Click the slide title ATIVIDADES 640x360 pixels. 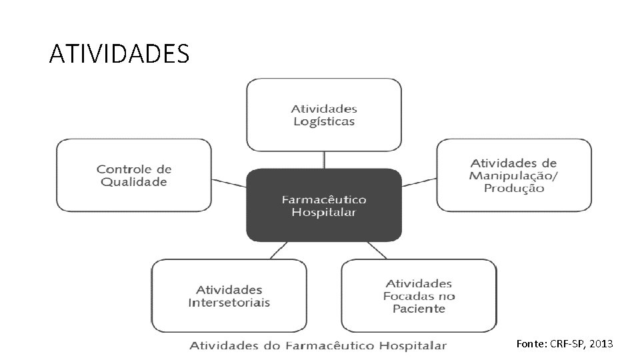tap(119, 53)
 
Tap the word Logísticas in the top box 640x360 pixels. tap(324, 121)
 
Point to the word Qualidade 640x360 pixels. tap(134, 182)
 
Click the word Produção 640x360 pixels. tap(514, 188)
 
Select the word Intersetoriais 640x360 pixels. tap(229, 303)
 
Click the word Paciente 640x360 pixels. tap(419, 309)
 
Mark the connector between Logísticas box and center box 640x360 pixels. tap(324, 160)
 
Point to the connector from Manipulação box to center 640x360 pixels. tap(419, 182)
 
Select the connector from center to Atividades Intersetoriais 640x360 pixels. tap(278, 251)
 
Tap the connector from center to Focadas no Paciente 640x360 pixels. tap(377, 251)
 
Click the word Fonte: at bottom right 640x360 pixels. tap(531, 344)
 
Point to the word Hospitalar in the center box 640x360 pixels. tap(324, 213)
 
